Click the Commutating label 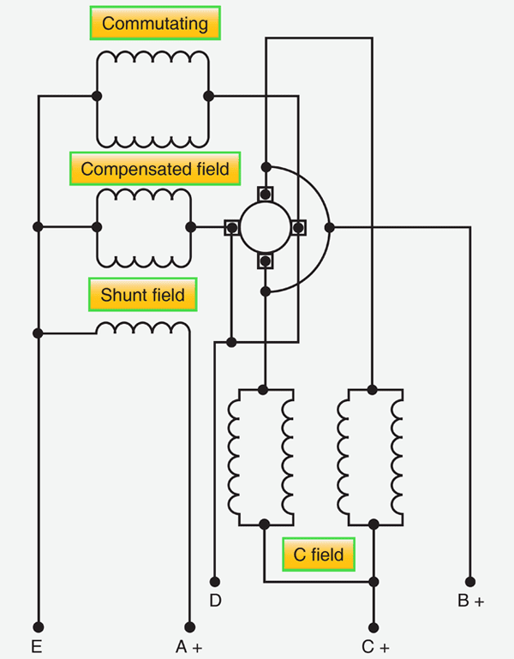click(x=155, y=23)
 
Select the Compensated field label click(x=155, y=169)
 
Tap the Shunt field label click(x=142, y=295)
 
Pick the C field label click(x=319, y=554)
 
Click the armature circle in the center click(x=266, y=227)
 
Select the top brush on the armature click(x=266, y=194)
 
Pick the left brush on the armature click(x=232, y=227)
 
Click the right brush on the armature click(x=300, y=227)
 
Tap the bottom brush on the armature click(x=266, y=261)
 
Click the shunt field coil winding click(x=142, y=328)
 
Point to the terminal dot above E click(x=37, y=626)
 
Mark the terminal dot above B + click(x=470, y=580)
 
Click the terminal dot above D click(x=215, y=580)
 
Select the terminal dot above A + click(x=188, y=626)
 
